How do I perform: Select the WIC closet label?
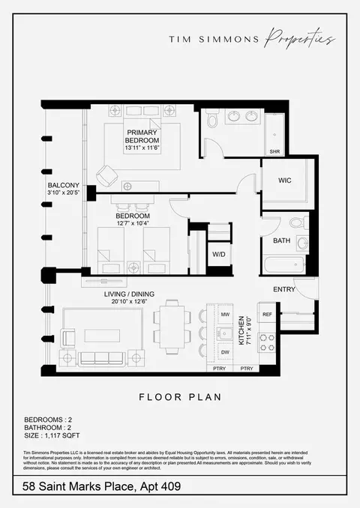pyautogui.click(x=284, y=180)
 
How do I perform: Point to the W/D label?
pyautogui.click(x=219, y=254)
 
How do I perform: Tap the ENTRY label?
pyautogui.click(x=284, y=289)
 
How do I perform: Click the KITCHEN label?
pyautogui.click(x=241, y=330)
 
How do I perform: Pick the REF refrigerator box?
pyautogui.click(x=267, y=314)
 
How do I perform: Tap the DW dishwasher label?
pyautogui.click(x=226, y=352)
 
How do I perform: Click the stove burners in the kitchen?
pyautogui.click(x=266, y=342)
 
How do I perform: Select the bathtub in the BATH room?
pyautogui.click(x=283, y=265)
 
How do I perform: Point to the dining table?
pyautogui.click(x=172, y=328)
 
